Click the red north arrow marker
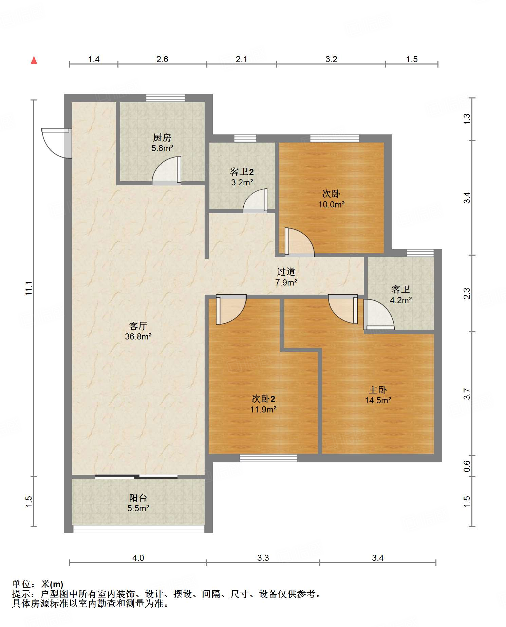[34, 60]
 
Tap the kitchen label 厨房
[162, 137]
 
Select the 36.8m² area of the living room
[138, 336]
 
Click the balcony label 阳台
[138, 498]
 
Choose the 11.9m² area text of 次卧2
[263, 409]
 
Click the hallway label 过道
[286, 272]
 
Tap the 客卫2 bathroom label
[242, 172]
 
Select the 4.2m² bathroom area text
[401, 300]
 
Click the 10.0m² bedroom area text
[331, 204]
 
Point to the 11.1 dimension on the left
[29, 288]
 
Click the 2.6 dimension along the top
[162, 59]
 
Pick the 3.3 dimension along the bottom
[263, 558]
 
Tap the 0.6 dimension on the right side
[467, 466]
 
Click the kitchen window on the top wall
[166, 98]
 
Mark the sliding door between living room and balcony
[136, 477]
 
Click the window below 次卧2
[268, 458]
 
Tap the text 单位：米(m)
[38, 584]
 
